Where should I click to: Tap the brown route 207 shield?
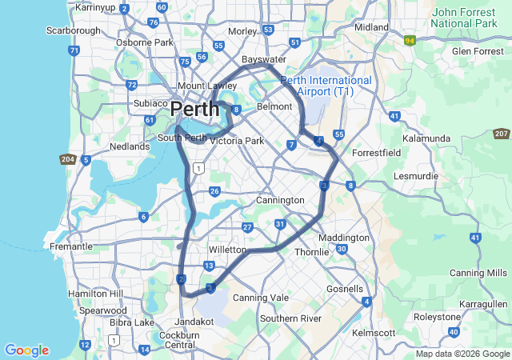click(502, 134)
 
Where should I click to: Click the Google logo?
click(26, 350)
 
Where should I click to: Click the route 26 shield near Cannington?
click(214, 191)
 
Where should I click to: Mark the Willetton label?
click(227, 250)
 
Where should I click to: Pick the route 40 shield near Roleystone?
click(454, 331)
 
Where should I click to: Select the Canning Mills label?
click(479, 273)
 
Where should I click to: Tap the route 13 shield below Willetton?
click(209, 266)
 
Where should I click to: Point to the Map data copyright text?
click(462, 354)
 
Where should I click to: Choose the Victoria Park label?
click(236, 141)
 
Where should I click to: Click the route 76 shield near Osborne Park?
click(153, 22)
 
